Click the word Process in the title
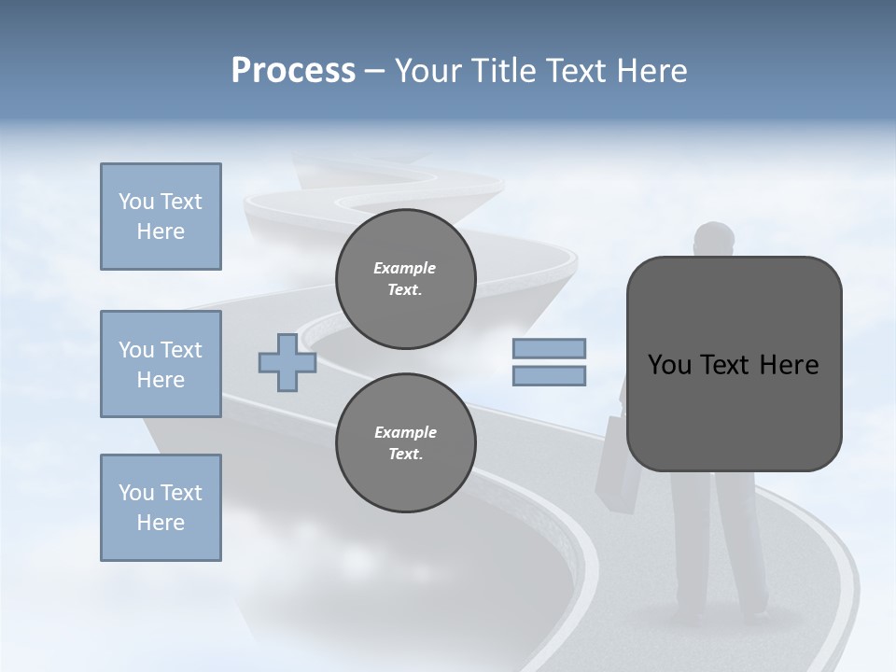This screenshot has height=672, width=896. click(293, 71)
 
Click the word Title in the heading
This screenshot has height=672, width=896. click(503, 71)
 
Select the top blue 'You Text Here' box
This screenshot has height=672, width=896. click(161, 217)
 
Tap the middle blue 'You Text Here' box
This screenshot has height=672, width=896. click(161, 364)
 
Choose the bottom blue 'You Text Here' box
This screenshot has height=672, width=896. click(161, 508)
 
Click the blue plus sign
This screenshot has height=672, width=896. click(287, 362)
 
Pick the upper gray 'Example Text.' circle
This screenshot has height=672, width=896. click(406, 279)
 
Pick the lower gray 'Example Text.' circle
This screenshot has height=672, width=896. click(406, 443)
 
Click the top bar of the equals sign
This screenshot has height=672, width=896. click(549, 349)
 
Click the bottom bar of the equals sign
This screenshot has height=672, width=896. click(549, 376)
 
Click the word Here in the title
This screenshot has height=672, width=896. click(653, 71)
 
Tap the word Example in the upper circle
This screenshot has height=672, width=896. click(405, 268)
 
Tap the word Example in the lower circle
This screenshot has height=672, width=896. click(405, 432)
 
